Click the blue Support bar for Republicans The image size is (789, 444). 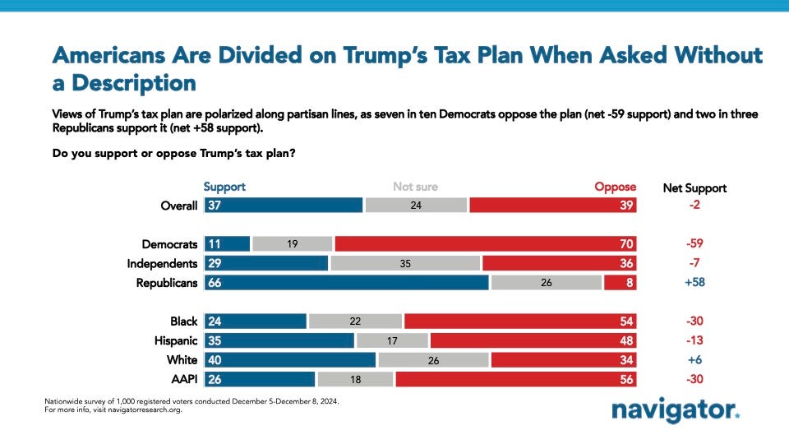pos(345,283)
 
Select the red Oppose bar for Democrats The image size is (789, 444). pos(486,244)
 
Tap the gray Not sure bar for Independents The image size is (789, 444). pos(404,264)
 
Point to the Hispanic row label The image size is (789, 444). pos(174,340)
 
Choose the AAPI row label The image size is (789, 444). pos(183,379)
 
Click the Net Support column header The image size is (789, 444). pos(694,187)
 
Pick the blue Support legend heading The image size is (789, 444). pos(224,187)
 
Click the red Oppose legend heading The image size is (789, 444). pos(616,187)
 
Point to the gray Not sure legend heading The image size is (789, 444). pos(415,187)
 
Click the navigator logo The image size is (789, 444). pos(675,410)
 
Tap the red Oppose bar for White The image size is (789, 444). pos(564,360)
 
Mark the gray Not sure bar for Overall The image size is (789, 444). pos(416,206)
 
